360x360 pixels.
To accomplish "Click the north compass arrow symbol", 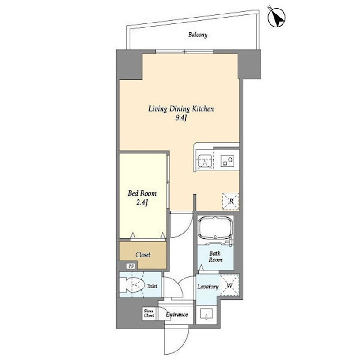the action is [277, 18].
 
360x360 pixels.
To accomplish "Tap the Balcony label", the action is [198, 35].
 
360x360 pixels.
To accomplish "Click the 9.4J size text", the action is [181, 118].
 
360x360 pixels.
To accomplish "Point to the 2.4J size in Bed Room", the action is [142, 202].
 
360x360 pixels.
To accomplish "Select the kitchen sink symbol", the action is [205, 162].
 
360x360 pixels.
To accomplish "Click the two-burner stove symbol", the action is [228, 161].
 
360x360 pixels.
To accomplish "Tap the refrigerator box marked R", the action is [231, 202].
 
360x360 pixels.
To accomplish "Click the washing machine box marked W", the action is [229, 285].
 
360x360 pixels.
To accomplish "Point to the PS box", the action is [131, 266].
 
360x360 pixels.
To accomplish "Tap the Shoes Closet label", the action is [149, 313].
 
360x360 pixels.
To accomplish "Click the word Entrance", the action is [177, 314].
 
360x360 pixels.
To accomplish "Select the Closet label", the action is [143, 255].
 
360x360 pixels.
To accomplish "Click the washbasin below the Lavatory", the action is [207, 314].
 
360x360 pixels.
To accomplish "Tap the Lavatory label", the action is [208, 287].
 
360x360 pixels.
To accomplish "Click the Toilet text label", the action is [152, 286].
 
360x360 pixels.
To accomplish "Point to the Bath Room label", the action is [216, 256].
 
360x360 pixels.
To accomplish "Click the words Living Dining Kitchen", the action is [181, 109].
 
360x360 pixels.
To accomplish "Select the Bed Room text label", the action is [142, 193].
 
